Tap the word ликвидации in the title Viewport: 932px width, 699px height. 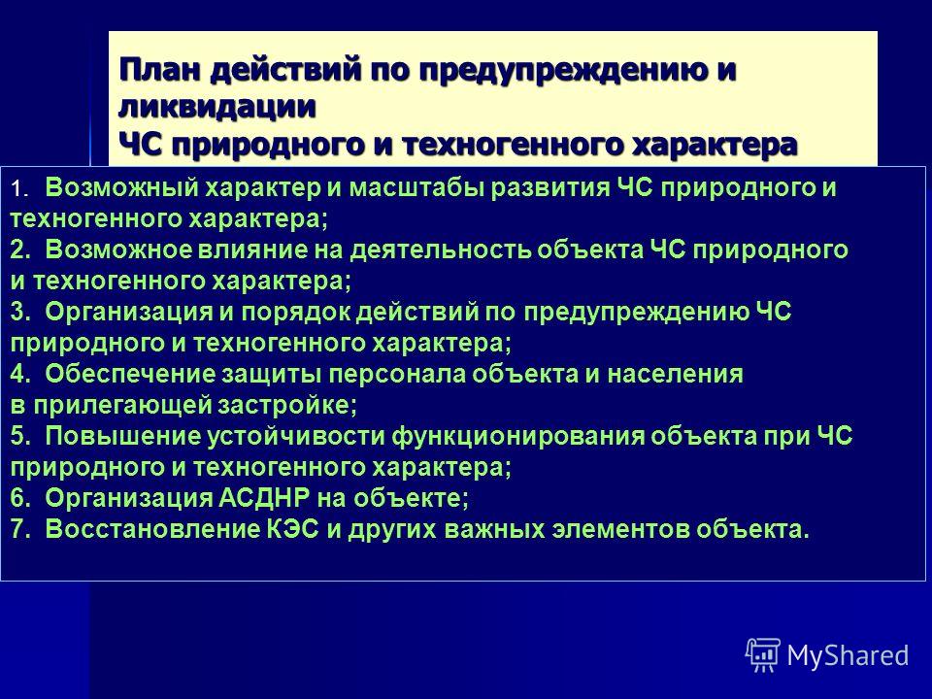(x=216, y=107)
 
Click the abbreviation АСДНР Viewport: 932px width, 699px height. (x=264, y=497)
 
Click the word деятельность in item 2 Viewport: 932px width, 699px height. (x=439, y=250)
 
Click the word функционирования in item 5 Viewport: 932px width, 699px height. (x=517, y=437)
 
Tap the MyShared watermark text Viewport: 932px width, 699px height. (x=848, y=655)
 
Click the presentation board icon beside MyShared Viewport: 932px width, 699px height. (x=763, y=655)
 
